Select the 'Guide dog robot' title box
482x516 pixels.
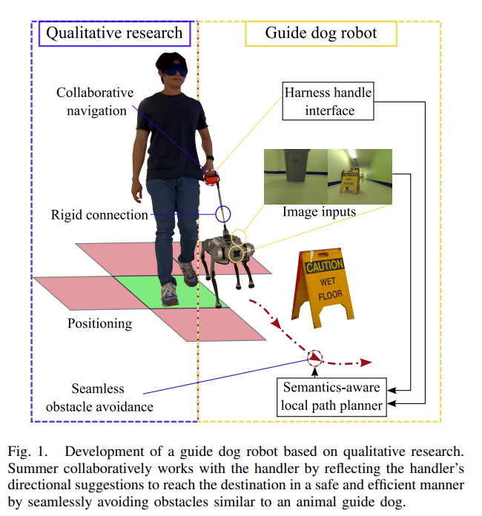tap(320, 33)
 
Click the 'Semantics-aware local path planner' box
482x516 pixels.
tap(331, 396)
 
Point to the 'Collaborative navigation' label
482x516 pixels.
tap(95, 102)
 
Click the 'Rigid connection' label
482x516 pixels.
tap(100, 215)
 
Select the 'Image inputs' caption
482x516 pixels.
tap(319, 212)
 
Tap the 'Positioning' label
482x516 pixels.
tap(100, 323)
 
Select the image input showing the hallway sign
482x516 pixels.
tap(359, 175)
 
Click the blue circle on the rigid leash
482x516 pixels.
tap(222, 214)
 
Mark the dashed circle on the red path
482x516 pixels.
tap(316, 358)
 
